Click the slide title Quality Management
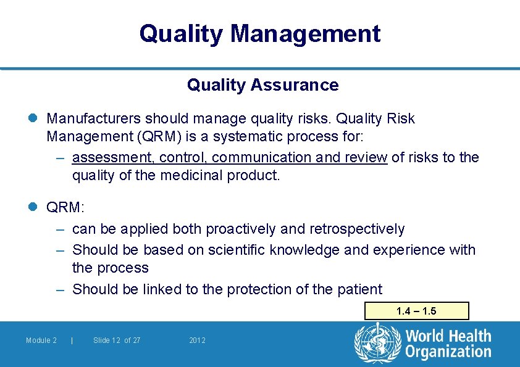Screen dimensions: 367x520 [x=259, y=33]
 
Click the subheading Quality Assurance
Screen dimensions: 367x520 [x=262, y=85]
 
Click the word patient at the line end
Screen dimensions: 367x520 [x=360, y=289]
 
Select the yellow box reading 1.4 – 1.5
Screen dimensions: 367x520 [x=416, y=311]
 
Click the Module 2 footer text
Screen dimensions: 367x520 [x=41, y=340]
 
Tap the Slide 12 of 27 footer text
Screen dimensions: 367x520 [x=116, y=340]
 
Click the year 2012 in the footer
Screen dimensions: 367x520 [x=197, y=340]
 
